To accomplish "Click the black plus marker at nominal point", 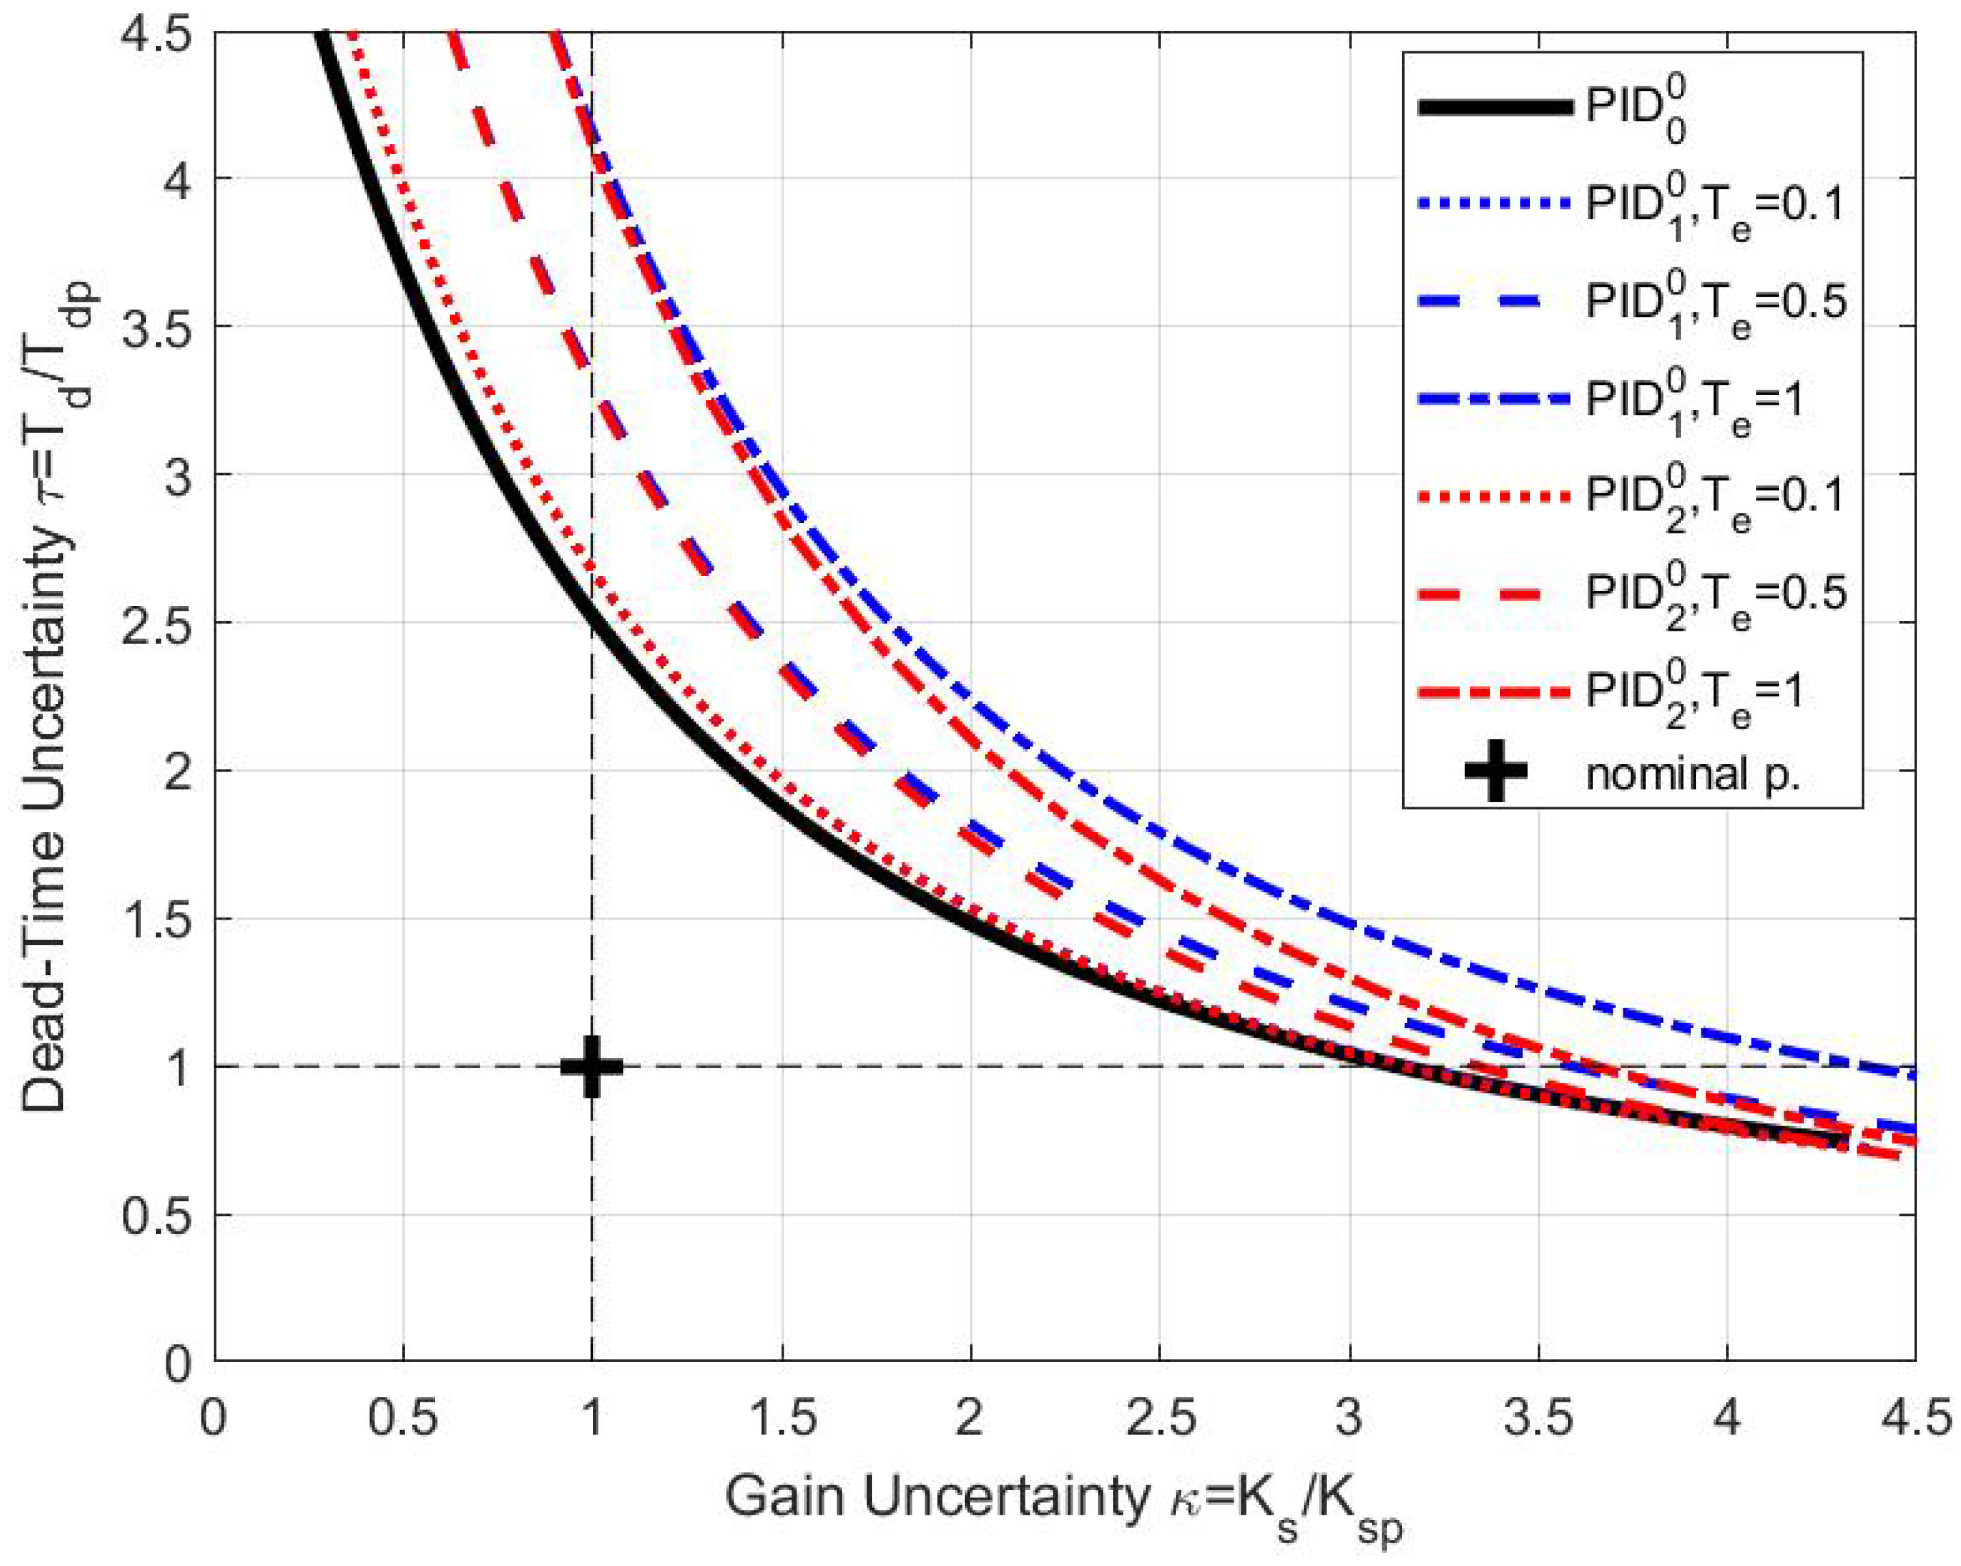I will point(591,1066).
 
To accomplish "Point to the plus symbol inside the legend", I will point(1495,770).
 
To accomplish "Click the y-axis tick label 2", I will point(182,770).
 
